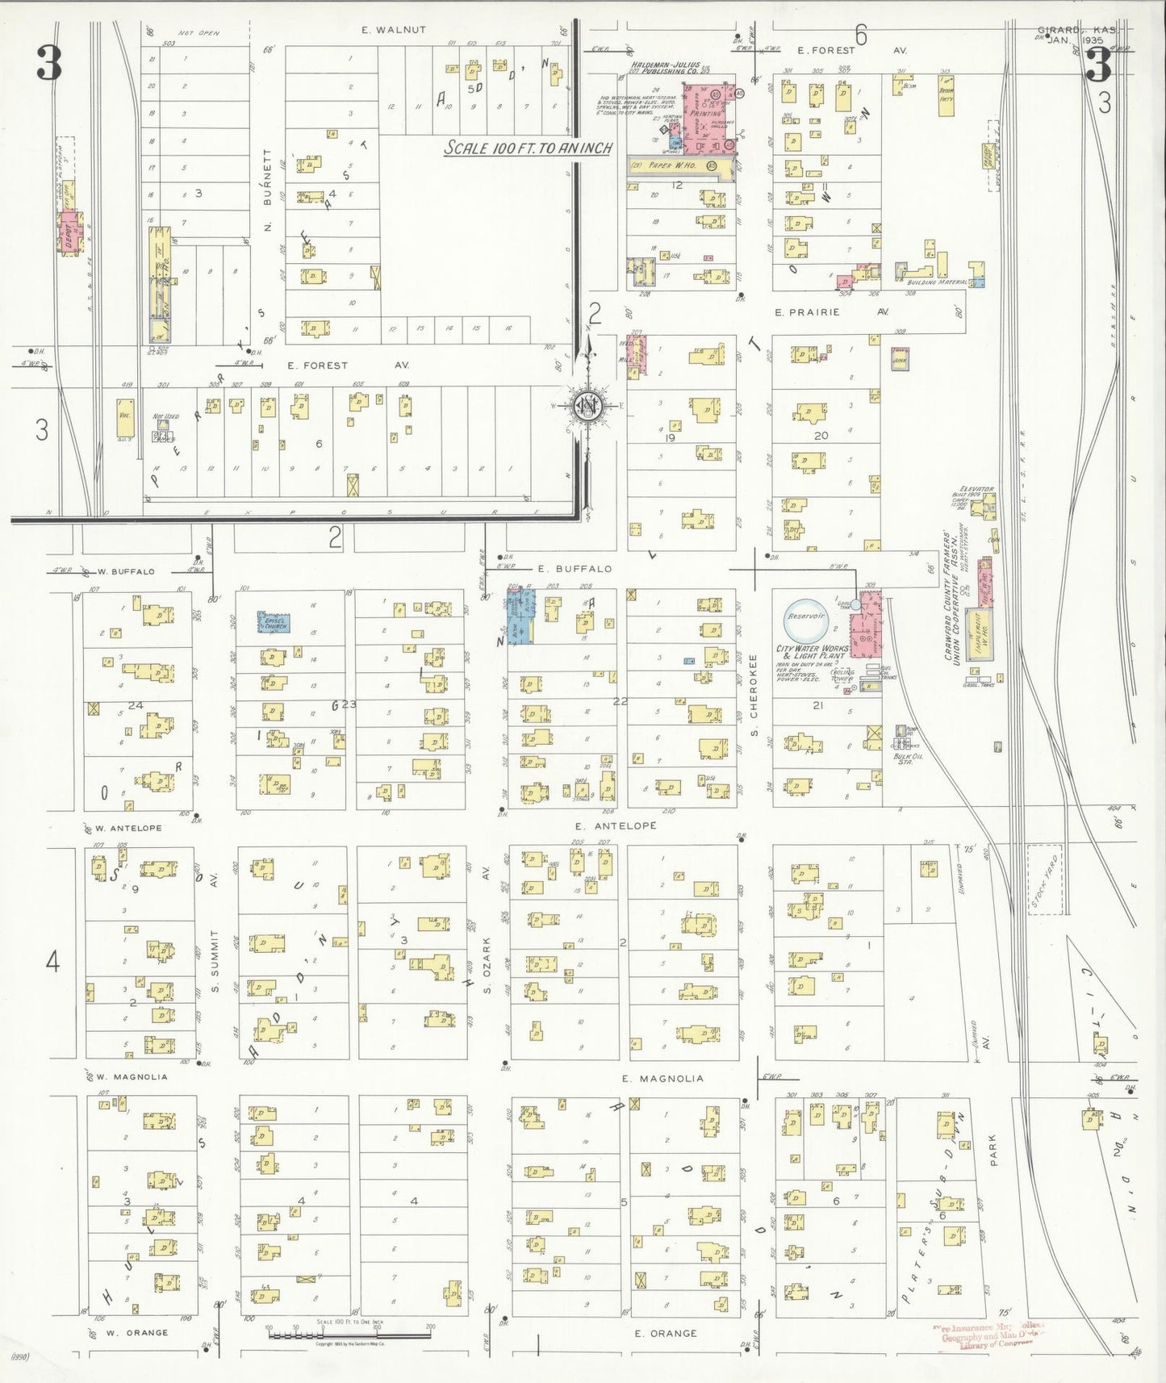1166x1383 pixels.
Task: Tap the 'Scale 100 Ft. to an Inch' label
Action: pos(529,148)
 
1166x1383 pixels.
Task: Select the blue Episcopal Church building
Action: pos(274,622)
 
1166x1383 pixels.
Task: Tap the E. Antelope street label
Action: pos(615,825)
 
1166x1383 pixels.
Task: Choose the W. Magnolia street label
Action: pos(132,1076)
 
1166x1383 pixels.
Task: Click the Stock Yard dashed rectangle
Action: pos(1043,880)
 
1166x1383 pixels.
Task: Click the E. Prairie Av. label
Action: pos(831,311)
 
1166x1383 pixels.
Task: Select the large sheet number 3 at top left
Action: pos(48,64)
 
